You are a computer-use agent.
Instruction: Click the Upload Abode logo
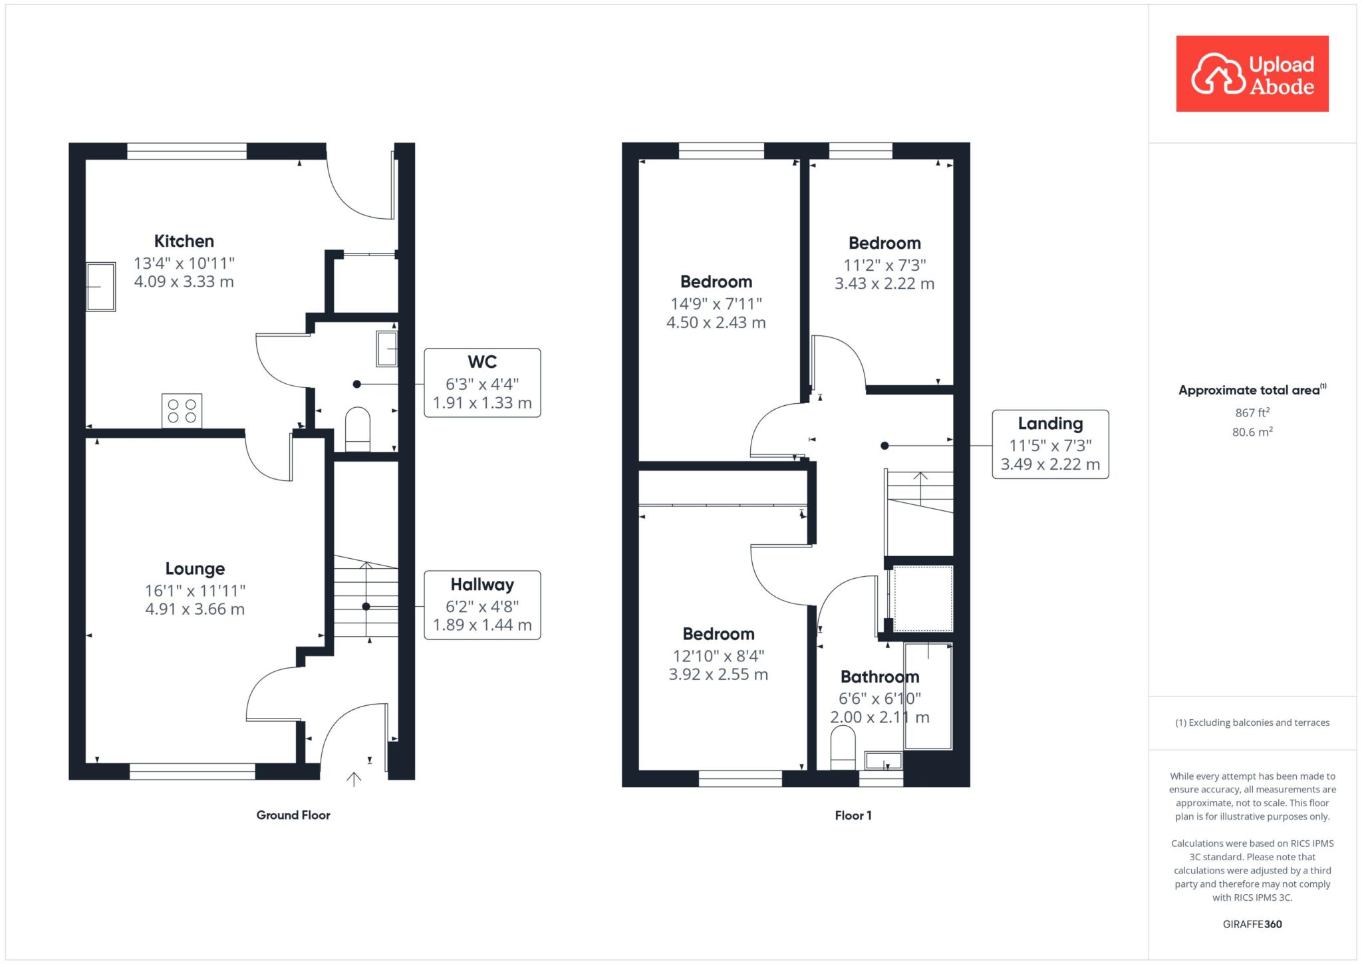pyautogui.click(x=1252, y=74)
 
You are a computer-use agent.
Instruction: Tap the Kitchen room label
pyautogui.click(x=184, y=241)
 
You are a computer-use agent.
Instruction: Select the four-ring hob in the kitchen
pyautogui.click(x=182, y=410)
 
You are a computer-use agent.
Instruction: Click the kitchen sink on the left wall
pyautogui.click(x=100, y=287)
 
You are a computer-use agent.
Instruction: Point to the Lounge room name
pyautogui.click(x=195, y=569)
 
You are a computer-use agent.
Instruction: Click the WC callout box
pyautogui.click(x=482, y=383)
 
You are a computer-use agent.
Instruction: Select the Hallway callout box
pyautogui.click(x=482, y=605)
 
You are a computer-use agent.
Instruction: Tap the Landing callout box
pyautogui.click(x=1050, y=444)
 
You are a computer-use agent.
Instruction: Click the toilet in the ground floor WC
pyautogui.click(x=357, y=429)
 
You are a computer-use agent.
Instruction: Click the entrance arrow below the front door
pyautogui.click(x=354, y=779)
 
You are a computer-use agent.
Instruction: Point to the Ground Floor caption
pyautogui.click(x=293, y=815)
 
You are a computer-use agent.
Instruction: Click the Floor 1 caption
pyautogui.click(x=853, y=815)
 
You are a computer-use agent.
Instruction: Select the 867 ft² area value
pyautogui.click(x=1252, y=412)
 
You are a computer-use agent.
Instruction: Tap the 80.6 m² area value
pyautogui.click(x=1252, y=432)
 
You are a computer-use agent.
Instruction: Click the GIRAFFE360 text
pyautogui.click(x=1252, y=924)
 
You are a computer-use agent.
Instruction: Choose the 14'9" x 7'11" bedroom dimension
pyautogui.click(x=716, y=304)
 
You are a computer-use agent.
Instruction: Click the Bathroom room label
pyautogui.click(x=880, y=677)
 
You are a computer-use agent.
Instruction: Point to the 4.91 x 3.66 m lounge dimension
pyautogui.click(x=195, y=609)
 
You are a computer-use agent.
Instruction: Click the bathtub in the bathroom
pyautogui.click(x=928, y=696)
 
